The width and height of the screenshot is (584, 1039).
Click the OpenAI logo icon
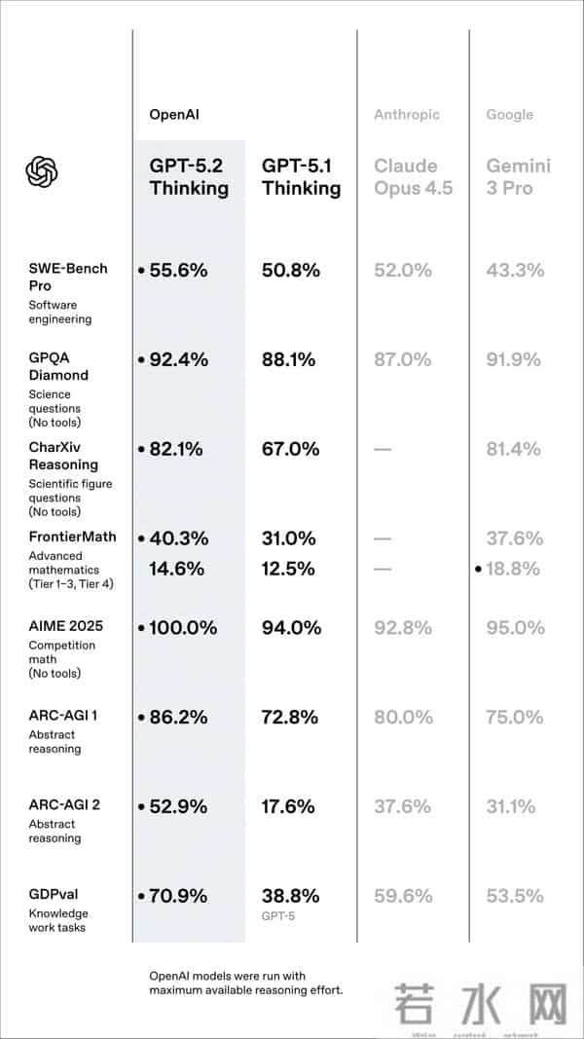(x=42, y=172)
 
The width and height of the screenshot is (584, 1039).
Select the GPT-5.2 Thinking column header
(x=189, y=176)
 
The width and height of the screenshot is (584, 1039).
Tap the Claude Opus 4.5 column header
(x=413, y=176)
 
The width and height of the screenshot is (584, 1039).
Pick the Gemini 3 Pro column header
(x=518, y=176)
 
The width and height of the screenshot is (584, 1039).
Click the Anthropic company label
(x=406, y=115)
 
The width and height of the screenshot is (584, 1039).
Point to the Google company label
(x=509, y=115)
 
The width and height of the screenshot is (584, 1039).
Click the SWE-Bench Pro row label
(x=68, y=277)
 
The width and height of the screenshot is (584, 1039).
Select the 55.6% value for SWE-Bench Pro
(x=178, y=271)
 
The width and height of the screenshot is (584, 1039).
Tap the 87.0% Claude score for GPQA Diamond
(x=402, y=359)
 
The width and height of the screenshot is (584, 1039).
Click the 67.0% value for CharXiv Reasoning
(x=290, y=449)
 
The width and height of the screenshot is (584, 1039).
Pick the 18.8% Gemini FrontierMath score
(x=513, y=569)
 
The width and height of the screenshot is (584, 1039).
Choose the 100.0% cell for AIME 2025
(x=183, y=628)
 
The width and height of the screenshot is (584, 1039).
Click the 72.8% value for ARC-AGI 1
(x=290, y=718)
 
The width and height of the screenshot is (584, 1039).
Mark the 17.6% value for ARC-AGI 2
(x=289, y=806)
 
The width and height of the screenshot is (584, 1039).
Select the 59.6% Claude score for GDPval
(x=402, y=896)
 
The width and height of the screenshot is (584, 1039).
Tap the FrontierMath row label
(x=72, y=537)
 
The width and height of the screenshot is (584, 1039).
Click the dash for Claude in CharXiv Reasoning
(x=383, y=450)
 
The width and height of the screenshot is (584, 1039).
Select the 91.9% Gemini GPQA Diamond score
(x=514, y=359)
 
